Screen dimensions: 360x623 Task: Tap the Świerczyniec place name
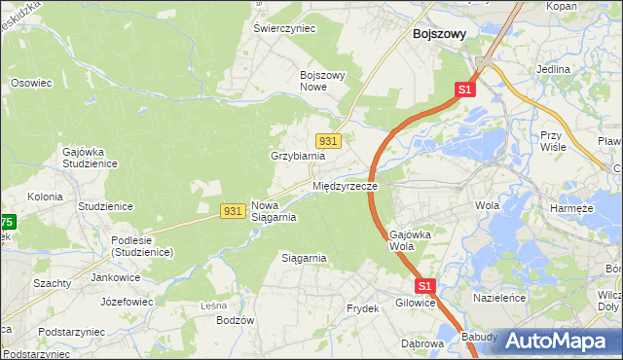coord(285,28)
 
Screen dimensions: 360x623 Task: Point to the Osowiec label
coord(30,83)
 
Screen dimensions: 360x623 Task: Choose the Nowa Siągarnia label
coord(274,211)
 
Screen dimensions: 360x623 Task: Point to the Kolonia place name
coord(45,197)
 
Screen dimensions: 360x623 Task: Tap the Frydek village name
coord(362,308)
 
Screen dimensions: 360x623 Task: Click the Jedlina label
coord(552,70)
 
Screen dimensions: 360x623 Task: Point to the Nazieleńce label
coord(498,297)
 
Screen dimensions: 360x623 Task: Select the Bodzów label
coord(235,320)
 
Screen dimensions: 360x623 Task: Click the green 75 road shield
coord(6,223)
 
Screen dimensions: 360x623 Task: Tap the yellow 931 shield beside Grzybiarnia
coord(328,141)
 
